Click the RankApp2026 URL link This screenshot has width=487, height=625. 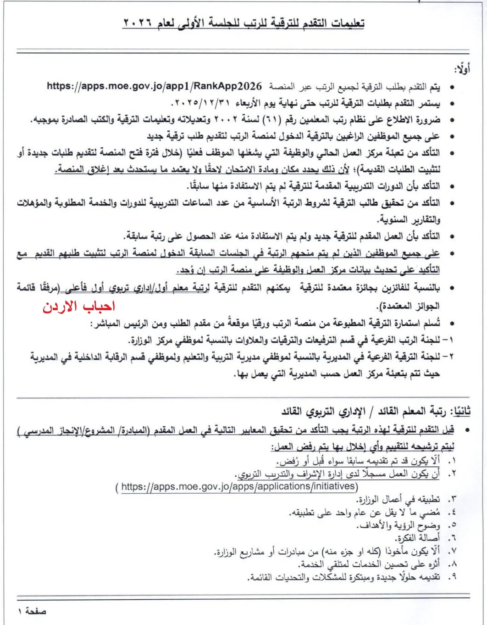[x=155, y=86]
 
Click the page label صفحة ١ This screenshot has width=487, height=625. [x=32, y=611]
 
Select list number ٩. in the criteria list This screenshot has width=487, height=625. [x=451, y=577]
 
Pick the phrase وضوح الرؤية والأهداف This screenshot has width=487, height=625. [x=398, y=525]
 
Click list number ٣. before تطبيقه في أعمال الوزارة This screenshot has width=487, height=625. [x=452, y=499]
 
